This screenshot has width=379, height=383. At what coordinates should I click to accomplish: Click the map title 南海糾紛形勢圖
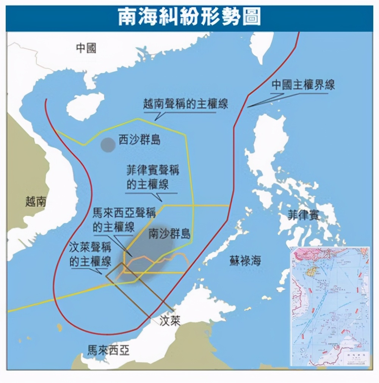[x=189, y=17]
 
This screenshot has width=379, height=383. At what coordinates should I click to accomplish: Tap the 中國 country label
[x=86, y=48]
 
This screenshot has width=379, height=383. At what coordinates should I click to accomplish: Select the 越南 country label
[x=36, y=201]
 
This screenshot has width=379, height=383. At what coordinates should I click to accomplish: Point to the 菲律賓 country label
[x=303, y=215]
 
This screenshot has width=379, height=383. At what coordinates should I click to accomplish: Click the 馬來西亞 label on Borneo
[x=108, y=350]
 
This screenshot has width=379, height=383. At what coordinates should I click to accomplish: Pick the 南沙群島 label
[x=169, y=233]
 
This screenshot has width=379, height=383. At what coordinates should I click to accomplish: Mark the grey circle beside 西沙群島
[x=108, y=144]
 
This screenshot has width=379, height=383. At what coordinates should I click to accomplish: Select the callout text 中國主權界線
[x=303, y=85]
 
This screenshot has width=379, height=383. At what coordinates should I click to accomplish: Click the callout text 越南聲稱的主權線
[x=186, y=104]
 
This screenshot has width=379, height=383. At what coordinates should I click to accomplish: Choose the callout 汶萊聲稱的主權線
[x=91, y=255]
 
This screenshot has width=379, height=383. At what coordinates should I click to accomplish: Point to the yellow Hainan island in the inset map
[x=313, y=270]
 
